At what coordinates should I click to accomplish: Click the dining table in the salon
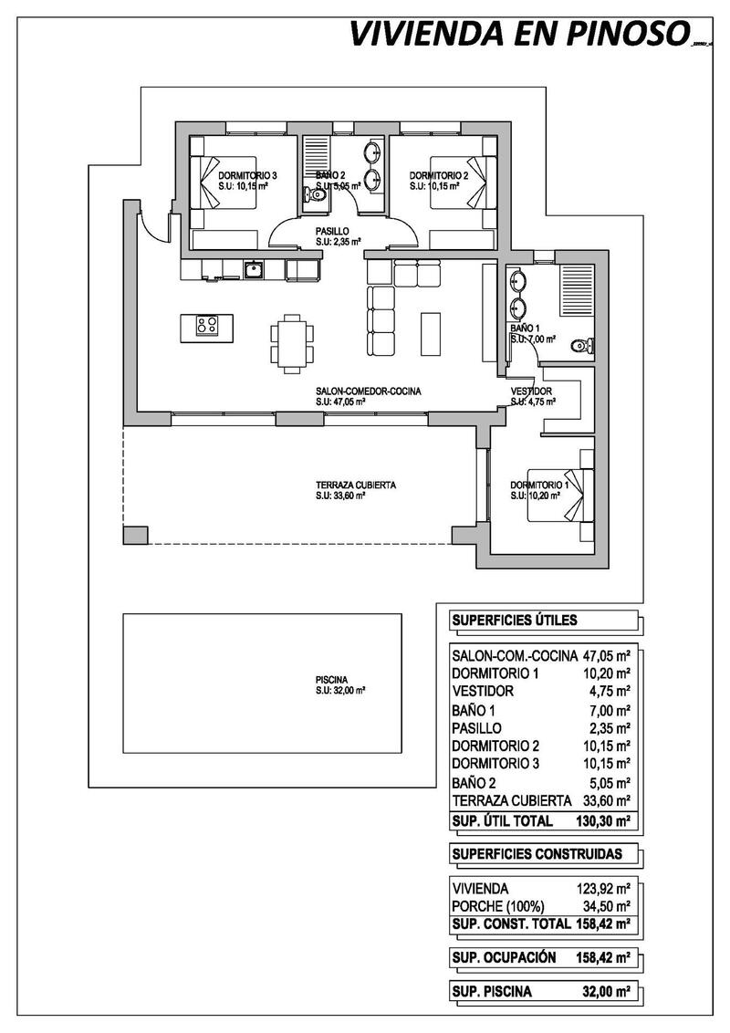[292, 342]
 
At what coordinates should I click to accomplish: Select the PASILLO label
[331, 232]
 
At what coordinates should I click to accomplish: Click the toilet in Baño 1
[579, 346]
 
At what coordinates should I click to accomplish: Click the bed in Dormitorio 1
[568, 496]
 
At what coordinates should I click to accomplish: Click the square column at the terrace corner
[134, 534]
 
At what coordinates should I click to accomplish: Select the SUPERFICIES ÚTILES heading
[514, 621]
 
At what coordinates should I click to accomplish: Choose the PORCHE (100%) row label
[498, 906]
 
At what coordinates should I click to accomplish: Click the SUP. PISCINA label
[492, 992]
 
